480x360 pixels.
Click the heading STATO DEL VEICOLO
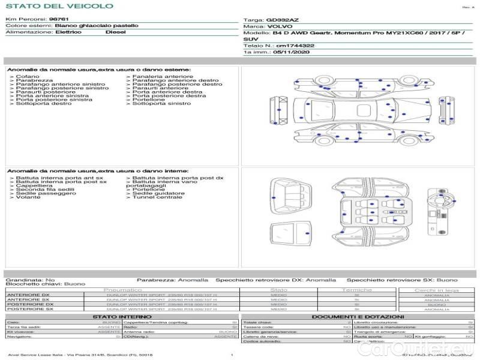pyautogui.click(x=59, y=6)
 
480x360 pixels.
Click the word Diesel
pyautogui.click(x=115, y=32)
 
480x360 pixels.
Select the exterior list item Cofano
pyautogui.click(x=28, y=77)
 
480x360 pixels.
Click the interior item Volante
pyautogui.click(x=28, y=197)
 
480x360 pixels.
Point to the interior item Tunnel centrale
pyautogui.click(x=157, y=197)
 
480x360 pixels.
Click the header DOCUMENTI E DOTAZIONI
pyautogui.click(x=357, y=316)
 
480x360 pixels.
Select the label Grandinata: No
pyautogui.click(x=30, y=280)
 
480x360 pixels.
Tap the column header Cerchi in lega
pyautogui.click(x=436, y=290)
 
